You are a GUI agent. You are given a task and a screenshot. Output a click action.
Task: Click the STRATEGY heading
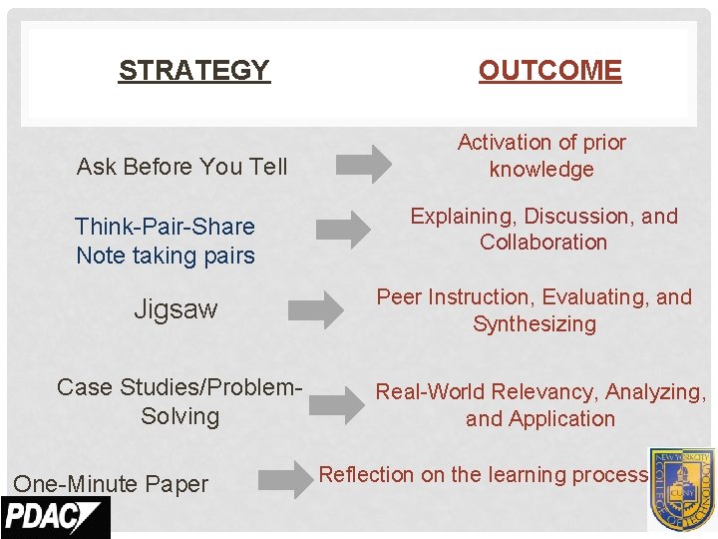[193, 71]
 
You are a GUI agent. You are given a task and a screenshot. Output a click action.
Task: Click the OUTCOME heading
[549, 71]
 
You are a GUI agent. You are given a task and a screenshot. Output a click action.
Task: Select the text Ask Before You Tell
[181, 167]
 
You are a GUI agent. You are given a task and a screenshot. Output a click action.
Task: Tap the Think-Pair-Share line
[165, 227]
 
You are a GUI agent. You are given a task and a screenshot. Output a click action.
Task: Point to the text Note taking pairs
[166, 256]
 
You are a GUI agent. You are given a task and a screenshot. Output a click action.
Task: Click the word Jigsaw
[176, 309]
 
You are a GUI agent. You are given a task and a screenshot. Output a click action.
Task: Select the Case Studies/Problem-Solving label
[179, 401]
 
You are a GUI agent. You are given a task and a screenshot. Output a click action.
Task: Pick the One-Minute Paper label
[111, 484]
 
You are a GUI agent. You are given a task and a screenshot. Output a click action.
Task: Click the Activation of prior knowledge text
[541, 156]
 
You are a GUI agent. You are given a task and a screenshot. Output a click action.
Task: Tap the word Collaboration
[543, 243]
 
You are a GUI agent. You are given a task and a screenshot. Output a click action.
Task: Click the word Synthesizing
[535, 324]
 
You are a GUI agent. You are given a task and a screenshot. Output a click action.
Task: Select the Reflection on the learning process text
[483, 475]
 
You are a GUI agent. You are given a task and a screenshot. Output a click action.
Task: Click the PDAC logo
[55, 518]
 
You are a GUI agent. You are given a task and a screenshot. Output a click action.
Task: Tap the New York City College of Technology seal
[681, 489]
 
